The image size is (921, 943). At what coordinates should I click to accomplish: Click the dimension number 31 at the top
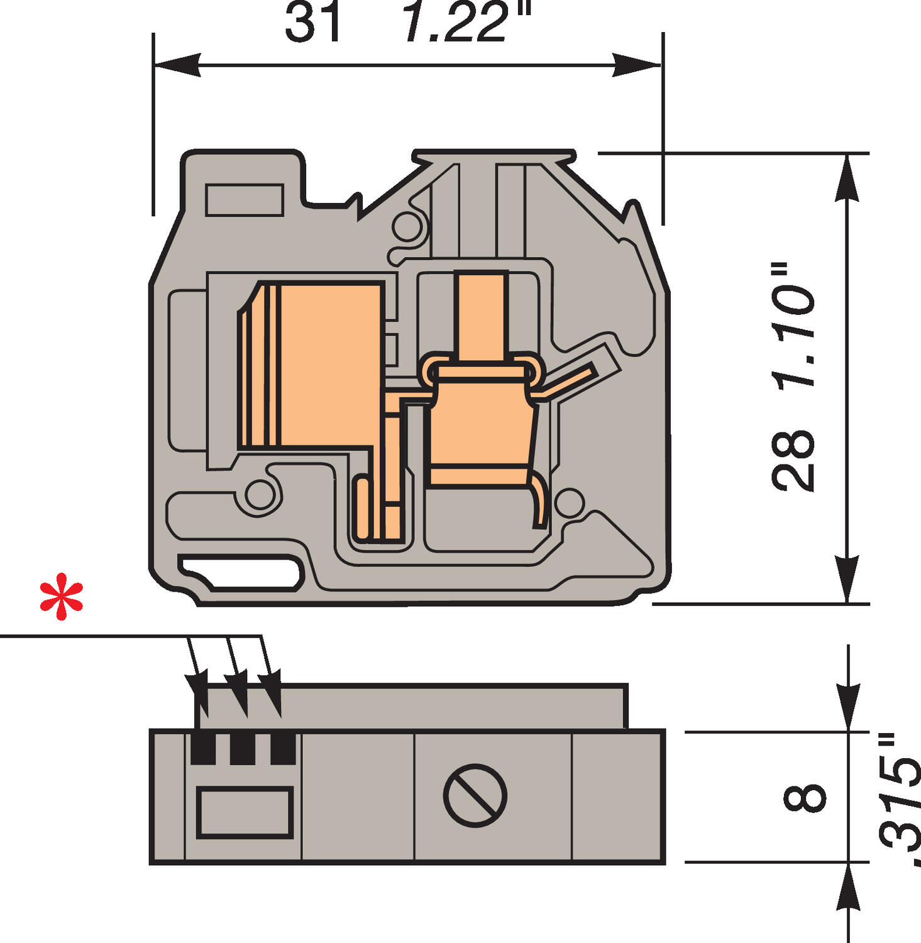pyautogui.click(x=312, y=23)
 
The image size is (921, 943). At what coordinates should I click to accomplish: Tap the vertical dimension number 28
pyautogui.click(x=793, y=460)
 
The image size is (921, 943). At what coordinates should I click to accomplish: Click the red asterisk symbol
pyautogui.click(x=61, y=597)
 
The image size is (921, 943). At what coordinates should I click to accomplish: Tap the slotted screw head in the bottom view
pyautogui.click(x=475, y=795)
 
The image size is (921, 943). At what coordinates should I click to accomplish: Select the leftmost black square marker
pyautogui.click(x=202, y=749)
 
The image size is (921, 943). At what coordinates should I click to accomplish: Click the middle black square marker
pyautogui.click(x=243, y=749)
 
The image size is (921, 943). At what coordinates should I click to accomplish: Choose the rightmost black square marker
pyautogui.click(x=283, y=749)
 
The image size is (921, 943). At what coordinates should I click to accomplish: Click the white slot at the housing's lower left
pyautogui.click(x=242, y=571)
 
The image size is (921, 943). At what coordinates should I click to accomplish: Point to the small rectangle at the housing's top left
pyautogui.click(x=244, y=200)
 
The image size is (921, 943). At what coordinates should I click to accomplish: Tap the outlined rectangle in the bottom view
pyautogui.click(x=245, y=812)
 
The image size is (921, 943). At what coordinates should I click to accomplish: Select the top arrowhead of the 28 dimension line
pyautogui.click(x=847, y=176)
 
